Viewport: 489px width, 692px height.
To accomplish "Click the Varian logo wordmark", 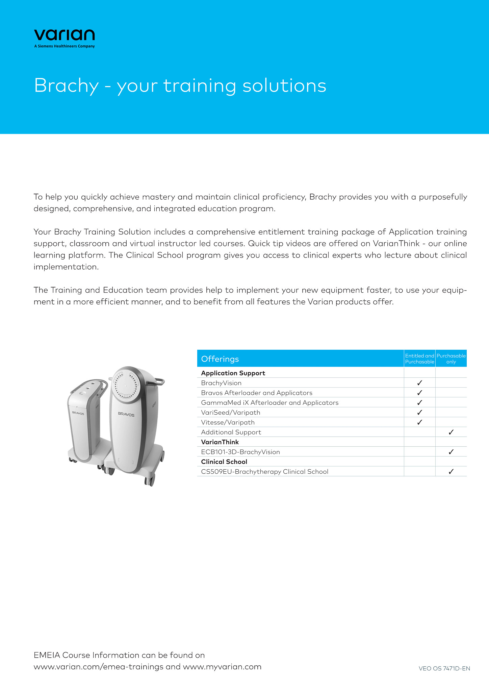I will pos(64,35).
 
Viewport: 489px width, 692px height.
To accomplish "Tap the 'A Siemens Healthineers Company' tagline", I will pos(64,46).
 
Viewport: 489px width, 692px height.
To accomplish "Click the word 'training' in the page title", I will pos(200,86).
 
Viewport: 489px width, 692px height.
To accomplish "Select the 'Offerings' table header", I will pos(220,359).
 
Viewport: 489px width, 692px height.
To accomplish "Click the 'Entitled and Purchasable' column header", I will pos(419,359).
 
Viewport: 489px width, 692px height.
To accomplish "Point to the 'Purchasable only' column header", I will pos(451,359).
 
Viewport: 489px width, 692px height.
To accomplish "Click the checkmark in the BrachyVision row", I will pos(419,383).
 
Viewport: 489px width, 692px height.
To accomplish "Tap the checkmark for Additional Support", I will pos(451,432).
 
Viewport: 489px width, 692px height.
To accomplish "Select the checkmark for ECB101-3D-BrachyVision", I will pos(451,452).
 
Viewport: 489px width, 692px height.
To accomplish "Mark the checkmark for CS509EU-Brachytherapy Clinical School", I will pos(451,472).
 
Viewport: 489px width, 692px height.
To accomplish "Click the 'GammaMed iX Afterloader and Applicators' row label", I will pos(269,403).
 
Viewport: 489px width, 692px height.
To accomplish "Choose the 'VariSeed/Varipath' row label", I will pos(231,413).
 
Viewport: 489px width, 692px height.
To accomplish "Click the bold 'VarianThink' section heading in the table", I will pos(220,442).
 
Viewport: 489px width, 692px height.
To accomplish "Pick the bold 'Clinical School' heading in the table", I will pos(224,462).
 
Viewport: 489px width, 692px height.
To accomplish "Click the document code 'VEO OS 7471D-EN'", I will pos(444,668).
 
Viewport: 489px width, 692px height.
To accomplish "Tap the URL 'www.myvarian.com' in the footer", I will pos(222,667).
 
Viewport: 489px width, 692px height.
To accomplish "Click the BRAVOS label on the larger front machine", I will pos(126,414).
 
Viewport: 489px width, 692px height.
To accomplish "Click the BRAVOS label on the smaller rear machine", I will pos(78,413).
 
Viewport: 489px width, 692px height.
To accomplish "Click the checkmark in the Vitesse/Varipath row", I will pos(419,422).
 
